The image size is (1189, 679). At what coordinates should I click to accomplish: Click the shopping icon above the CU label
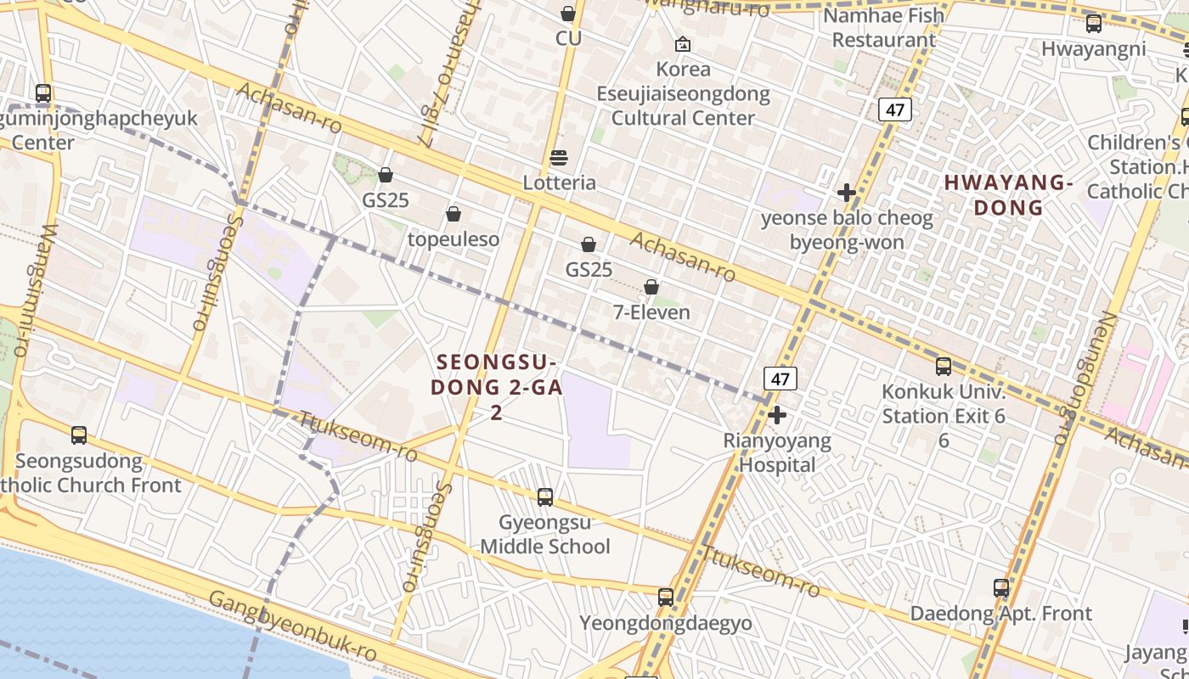[568, 14]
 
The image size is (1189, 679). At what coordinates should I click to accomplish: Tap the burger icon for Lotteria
[559, 158]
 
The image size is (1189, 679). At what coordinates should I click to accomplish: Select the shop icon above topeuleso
[454, 214]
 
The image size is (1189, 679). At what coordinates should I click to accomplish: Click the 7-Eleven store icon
[651, 288]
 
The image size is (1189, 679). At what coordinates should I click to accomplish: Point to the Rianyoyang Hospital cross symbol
[776, 415]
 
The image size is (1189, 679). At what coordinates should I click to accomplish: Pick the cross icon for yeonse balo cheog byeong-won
[846, 193]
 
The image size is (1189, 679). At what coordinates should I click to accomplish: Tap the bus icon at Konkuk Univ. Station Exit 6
[944, 367]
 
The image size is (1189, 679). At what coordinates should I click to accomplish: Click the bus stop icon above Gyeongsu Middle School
[545, 497]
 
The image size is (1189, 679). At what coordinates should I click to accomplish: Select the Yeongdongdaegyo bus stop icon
[666, 598]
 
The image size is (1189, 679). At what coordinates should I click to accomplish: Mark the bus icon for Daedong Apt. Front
[1001, 588]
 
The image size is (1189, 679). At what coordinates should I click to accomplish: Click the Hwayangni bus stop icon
[1094, 24]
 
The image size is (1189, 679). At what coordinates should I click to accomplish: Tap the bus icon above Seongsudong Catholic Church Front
[79, 435]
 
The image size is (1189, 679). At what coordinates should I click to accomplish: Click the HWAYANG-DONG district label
[1007, 195]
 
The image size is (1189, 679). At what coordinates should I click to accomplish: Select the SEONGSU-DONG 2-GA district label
[496, 387]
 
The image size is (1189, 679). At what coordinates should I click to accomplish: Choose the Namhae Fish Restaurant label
[883, 27]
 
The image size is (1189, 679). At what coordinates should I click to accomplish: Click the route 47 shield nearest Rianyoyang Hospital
[780, 379]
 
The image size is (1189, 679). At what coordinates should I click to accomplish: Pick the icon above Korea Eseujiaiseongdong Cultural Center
[683, 44]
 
